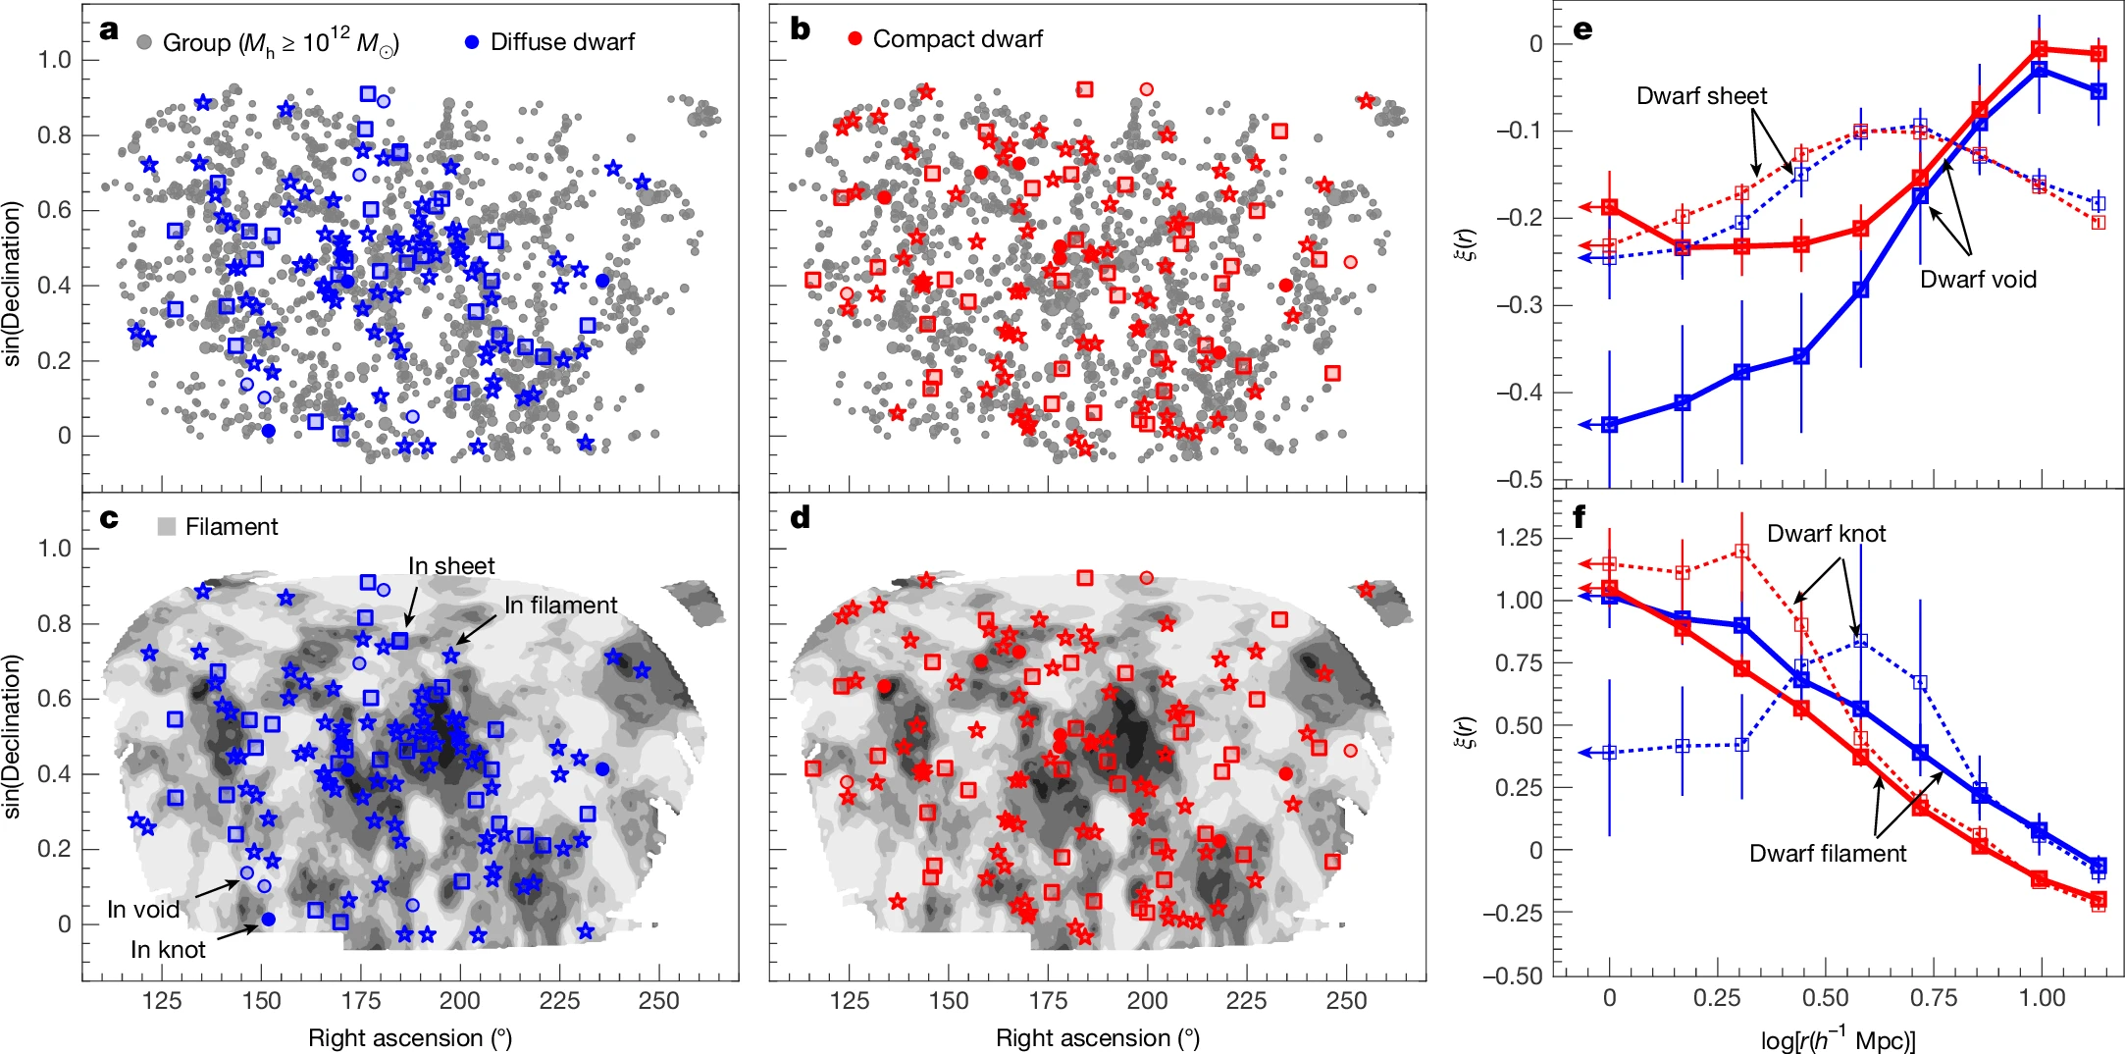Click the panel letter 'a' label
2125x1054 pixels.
109,29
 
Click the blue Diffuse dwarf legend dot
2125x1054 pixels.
472,42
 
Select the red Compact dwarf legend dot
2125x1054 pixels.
855,39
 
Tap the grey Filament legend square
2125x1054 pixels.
167,527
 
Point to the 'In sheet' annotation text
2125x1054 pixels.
451,566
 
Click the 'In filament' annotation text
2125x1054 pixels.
560,606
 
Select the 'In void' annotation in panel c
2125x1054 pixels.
143,910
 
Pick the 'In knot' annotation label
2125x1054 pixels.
168,950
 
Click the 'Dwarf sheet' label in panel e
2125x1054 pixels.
1701,96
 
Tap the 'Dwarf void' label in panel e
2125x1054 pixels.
1978,280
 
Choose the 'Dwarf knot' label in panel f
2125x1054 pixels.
1826,534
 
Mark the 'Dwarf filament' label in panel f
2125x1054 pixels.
1828,854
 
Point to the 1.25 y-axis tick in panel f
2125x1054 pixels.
1519,538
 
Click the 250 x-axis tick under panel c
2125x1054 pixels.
658,1001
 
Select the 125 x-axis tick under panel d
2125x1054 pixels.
850,1001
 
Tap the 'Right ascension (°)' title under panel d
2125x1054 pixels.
1098,1038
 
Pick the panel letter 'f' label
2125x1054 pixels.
1579,517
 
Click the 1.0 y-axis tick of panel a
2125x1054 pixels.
55,60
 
